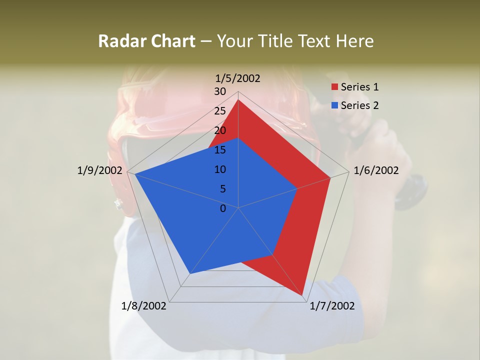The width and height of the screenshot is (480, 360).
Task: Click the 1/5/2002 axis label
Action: pyautogui.click(x=238, y=78)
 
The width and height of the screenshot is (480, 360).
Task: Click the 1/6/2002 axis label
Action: pyautogui.click(x=376, y=170)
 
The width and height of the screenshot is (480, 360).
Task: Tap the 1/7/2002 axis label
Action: pyautogui.click(x=332, y=306)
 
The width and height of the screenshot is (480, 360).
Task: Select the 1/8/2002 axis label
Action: pyautogui.click(x=143, y=306)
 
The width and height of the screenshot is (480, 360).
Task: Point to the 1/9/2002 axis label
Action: pyautogui.click(x=99, y=170)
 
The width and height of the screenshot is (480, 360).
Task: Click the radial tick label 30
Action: pyautogui.click(x=220, y=91)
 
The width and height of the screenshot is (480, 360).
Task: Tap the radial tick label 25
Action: pyautogui.click(x=220, y=111)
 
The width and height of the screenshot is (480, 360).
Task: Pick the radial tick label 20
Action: pyautogui.click(x=220, y=130)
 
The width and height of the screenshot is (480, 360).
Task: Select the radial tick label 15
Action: pyautogui.click(x=220, y=150)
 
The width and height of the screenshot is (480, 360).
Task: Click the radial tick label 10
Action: pyautogui.click(x=220, y=169)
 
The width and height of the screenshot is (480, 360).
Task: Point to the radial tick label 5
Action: pyautogui.click(x=222, y=189)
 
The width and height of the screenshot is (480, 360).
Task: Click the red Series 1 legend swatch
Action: pyautogui.click(x=334, y=87)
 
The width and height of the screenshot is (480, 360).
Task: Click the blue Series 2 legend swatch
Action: pyautogui.click(x=334, y=105)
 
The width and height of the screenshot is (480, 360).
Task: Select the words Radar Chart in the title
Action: pyautogui.click(x=146, y=41)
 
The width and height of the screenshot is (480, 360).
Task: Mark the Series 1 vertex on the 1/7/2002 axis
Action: pyautogui.click(x=303, y=295)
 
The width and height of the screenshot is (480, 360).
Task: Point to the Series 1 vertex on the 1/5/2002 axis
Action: pyautogui.click(x=238, y=100)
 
